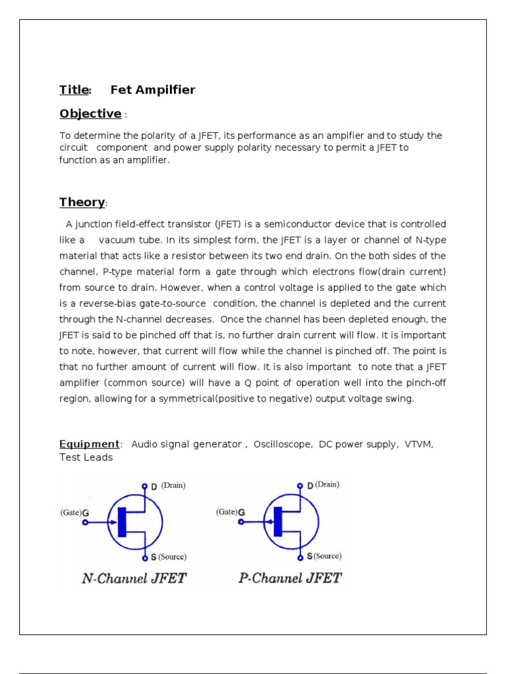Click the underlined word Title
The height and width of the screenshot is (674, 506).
click(74, 90)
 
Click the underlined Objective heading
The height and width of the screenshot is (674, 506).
click(90, 114)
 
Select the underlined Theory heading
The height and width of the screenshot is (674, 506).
click(82, 202)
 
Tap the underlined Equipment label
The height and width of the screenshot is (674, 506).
click(90, 444)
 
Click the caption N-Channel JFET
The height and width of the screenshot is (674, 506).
click(134, 579)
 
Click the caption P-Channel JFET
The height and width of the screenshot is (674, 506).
click(290, 579)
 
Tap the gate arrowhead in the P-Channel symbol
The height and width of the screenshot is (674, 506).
click(269, 523)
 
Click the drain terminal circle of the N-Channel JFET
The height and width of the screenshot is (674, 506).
click(144, 486)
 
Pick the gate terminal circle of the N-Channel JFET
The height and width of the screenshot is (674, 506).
click(84, 523)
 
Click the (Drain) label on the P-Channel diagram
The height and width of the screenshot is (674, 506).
click(327, 484)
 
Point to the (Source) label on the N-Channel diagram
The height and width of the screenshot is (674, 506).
click(172, 557)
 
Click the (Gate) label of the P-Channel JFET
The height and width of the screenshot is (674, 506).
click(226, 511)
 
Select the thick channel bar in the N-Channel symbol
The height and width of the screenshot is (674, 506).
click(121, 522)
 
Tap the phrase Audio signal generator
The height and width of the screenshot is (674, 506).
click(186, 444)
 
